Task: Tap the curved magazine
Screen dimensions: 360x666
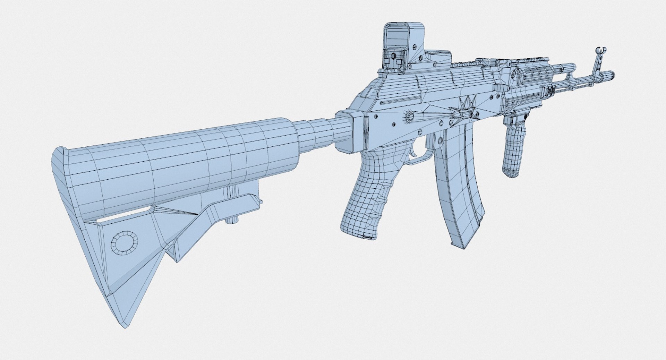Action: click(x=458, y=184)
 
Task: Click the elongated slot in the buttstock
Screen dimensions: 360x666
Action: click(x=125, y=216)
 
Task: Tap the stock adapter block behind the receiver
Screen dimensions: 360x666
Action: click(x=350, y=131)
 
